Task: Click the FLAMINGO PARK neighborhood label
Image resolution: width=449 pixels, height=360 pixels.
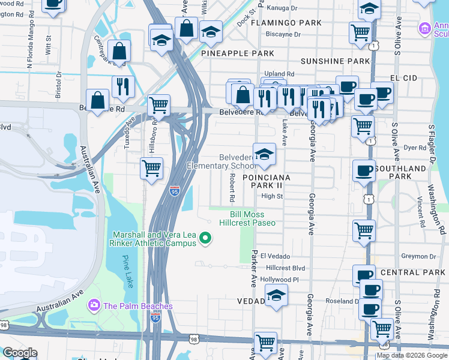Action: pyautogui.click(x=278, y=23)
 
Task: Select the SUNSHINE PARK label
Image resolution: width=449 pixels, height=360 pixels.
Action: pyautogui.click(x=335, y=61)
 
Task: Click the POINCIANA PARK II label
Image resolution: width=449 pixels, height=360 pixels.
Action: pyautogui.click(x=267, y=182)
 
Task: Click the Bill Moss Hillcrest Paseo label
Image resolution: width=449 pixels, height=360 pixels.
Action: pyautogui.click(x=253, y=218)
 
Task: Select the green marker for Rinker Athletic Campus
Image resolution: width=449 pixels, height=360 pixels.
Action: pyautogui.click(x=206, y=239)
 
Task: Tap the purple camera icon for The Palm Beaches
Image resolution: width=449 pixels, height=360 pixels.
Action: pyautogui.click(x=94, y=306)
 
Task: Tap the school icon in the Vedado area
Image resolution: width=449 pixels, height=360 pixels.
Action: pyautogui.click(x=276, y=295)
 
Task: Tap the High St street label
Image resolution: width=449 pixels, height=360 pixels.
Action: pyautogui.click(x=272, y=196)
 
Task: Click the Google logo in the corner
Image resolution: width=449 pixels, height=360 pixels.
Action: pyautogui.click(x=19, y=353)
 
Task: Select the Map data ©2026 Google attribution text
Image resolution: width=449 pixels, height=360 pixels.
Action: pyautogui.click(x=411, y=355)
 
